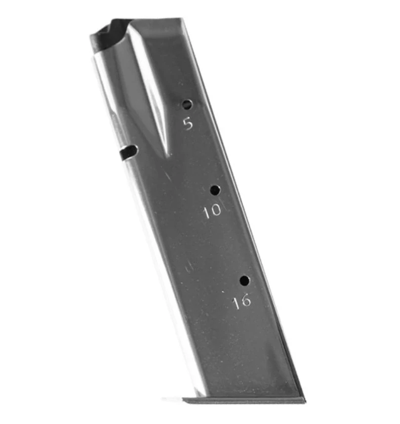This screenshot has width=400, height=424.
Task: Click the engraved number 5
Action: (188, 124)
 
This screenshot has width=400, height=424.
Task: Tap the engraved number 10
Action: (212, 210)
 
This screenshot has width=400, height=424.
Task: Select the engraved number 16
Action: (242, 302)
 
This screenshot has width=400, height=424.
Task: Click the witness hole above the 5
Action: (187, 104)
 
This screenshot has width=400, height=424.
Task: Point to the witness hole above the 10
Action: (215, 190)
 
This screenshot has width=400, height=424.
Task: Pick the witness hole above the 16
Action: (245, 281)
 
